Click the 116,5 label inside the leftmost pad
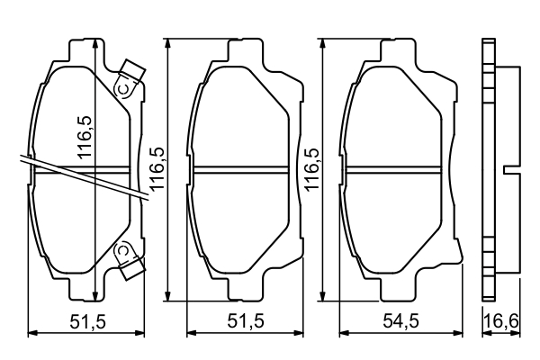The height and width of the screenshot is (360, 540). click(x=84, y=135)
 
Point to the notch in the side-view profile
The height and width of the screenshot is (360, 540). click(x=508, y=169)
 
